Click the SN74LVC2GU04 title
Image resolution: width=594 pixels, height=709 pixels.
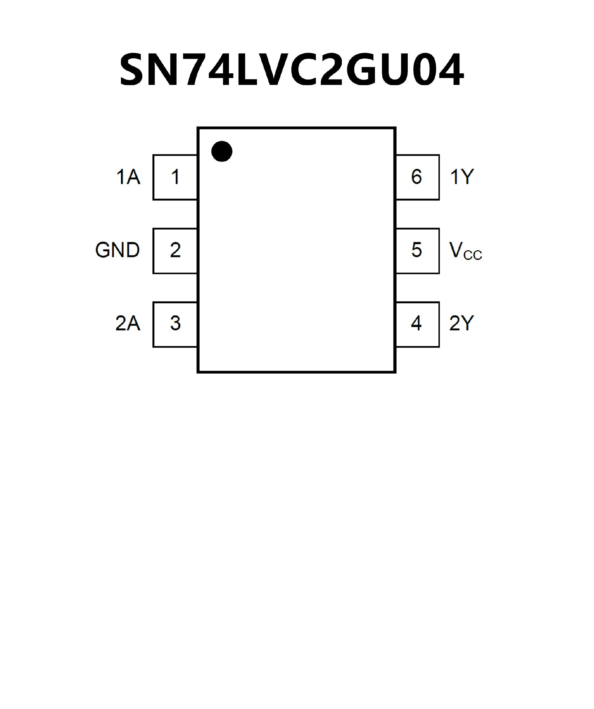pos(292,70)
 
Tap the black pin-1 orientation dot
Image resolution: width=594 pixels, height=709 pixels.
pos(222,151)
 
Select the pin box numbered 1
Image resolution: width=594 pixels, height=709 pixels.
pos(175,177)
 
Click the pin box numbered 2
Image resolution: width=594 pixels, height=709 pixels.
pos(175,251)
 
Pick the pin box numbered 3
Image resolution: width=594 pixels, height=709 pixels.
pos(175,324)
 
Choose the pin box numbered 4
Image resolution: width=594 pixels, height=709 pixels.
pos(417,324)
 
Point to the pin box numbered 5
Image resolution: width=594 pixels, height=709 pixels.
pos(417,251)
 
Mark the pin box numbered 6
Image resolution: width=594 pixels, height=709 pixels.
pos(417,177)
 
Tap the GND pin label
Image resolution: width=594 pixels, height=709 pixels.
pos(118,250)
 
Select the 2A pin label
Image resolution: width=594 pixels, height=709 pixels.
pos(127,323)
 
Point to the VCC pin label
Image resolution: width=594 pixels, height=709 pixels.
pos(465,251)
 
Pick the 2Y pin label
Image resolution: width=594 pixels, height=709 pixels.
pos(461,323)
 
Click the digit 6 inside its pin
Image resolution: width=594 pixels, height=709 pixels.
pos(416,177)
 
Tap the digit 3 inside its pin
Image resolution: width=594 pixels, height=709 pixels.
pos(175,323)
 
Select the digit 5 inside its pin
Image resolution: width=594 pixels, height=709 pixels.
pos(416,250)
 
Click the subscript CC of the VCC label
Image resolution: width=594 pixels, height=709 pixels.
pos(473,255)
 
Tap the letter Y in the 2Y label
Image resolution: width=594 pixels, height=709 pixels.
pos(467,323)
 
